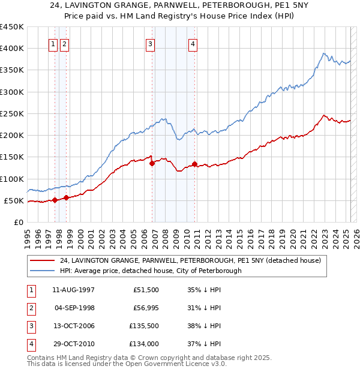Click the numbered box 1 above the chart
point(53,43)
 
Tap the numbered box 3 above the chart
point(149,43)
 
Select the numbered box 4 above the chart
point(193,43)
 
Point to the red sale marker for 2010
point(195,164)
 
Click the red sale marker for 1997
point(55,200)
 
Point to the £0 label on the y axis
point(18,222)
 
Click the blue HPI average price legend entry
point(150,271)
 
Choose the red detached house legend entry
point(190,260)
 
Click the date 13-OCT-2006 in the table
point(73,327)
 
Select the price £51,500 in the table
point(145,290)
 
